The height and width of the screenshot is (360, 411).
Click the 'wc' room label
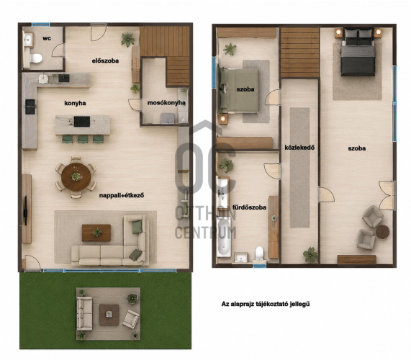point(47,39)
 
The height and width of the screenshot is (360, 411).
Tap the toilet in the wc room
point(36,58)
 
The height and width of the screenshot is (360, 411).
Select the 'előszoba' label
point(105,60)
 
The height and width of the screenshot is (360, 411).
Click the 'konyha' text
point(75,103)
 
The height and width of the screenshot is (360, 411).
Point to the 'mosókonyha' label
point(166,103)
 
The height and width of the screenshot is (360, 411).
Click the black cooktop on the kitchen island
point(82,122)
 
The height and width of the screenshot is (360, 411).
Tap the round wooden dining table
point(76,177)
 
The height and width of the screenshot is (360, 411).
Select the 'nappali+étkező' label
point(122,195)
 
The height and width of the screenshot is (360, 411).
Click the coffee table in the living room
point(96,233)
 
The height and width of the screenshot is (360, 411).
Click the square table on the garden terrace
point(109,315)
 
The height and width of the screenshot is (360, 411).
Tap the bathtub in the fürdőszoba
point(224,238)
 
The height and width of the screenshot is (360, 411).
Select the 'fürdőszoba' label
point(249,207)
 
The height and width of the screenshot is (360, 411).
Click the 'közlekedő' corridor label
point(299,148)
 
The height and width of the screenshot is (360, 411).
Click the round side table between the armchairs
point(383,232)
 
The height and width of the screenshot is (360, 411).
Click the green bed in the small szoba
point(238,91)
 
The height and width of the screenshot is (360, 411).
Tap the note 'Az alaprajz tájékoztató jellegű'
point(266,304)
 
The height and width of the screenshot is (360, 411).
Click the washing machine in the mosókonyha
point(168,118)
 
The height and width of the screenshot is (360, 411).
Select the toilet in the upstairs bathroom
point(260,253)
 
